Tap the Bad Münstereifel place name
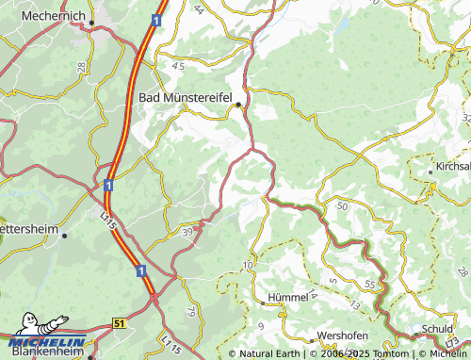[x=186, y=96]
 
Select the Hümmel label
[x=287, y=297]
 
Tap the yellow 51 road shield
[x=119, y=322]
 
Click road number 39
[x=188, y=231]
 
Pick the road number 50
[x=341, y=205]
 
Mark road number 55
[x=370, y=284]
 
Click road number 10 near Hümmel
[x=247, y=268]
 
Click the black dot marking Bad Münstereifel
[x=239, y=104]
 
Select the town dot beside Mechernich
[x=93, y=25]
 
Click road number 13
[x=353, y=305]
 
